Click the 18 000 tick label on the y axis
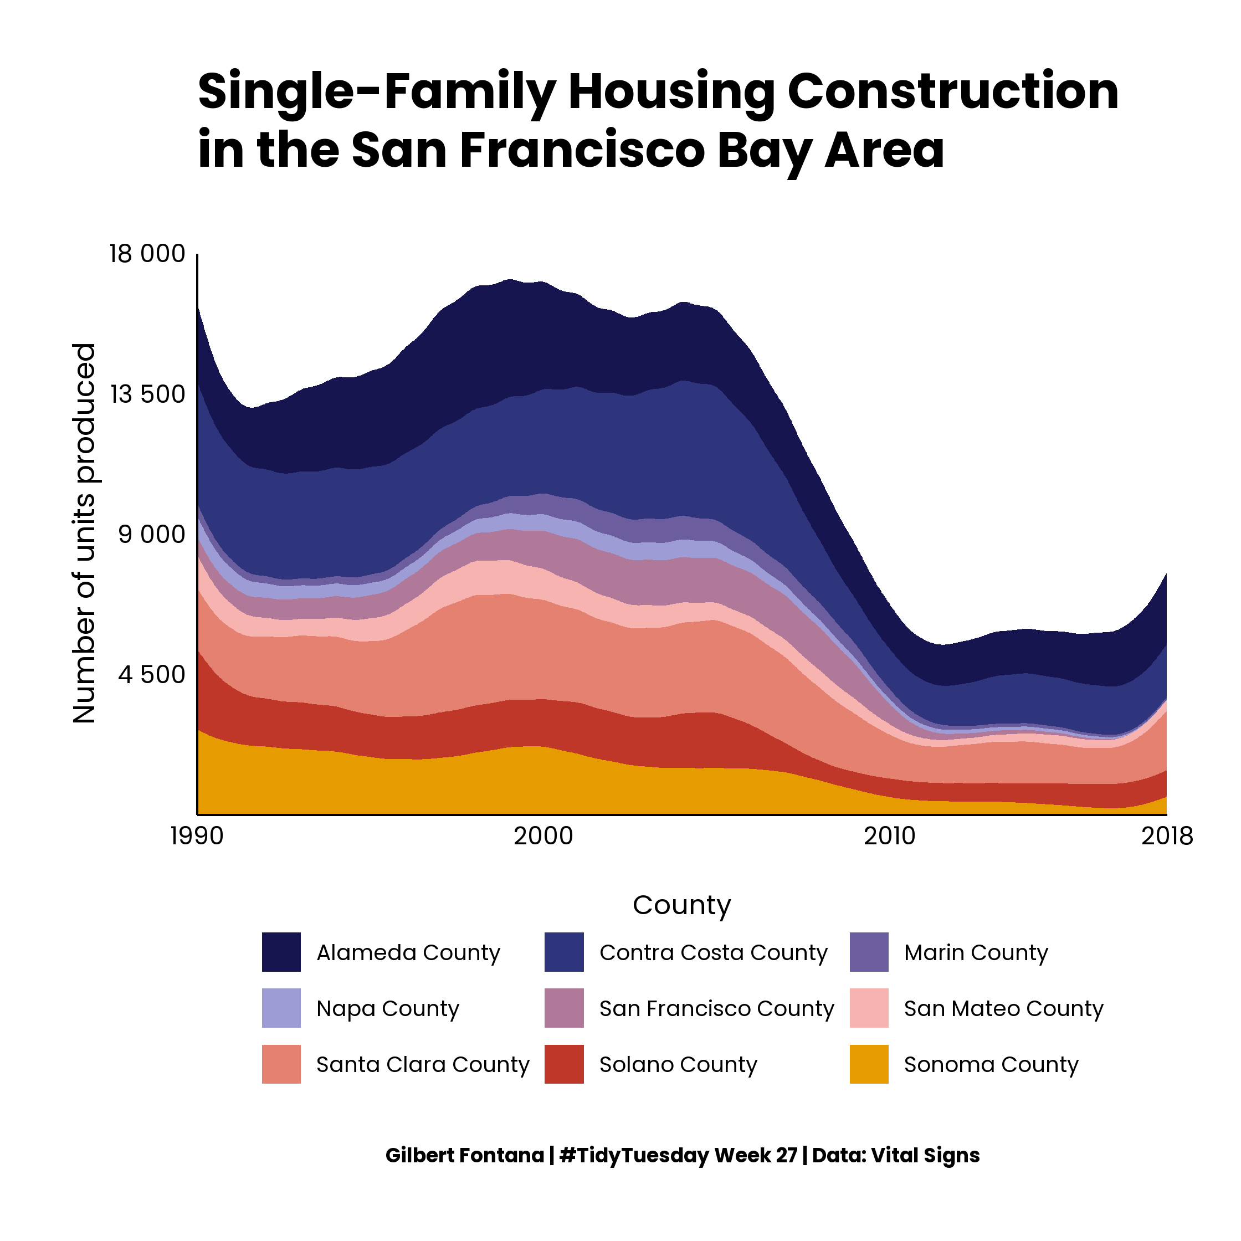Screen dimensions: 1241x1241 point(147,254)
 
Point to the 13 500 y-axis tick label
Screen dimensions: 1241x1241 point(147,394)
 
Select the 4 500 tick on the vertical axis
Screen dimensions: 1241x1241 point(152,674)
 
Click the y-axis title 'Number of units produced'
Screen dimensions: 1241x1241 point(84,533)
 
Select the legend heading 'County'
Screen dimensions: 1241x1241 point(681,905)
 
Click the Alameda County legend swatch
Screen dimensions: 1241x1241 point(281,952)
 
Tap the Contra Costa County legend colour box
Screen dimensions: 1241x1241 point(564,952)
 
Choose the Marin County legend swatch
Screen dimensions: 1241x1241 point(869,952)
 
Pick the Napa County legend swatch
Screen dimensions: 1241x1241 point(281,1008)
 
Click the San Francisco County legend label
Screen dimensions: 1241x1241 point(716,1008)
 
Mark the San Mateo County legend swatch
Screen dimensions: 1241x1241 point(869,1008)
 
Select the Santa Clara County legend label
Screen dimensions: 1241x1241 point(423,1064)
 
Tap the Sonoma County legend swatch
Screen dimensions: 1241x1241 point(869,1064)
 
